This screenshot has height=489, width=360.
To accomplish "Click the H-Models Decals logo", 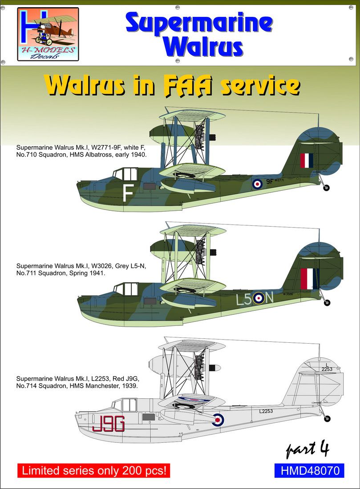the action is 48,34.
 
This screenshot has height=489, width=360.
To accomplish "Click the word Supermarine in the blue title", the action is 199,24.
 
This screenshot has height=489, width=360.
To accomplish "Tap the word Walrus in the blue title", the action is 203,47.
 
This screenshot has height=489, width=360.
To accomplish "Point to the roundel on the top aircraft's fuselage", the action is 257,184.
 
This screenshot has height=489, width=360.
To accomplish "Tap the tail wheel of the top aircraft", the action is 326,188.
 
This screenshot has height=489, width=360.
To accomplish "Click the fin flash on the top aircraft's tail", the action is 307,160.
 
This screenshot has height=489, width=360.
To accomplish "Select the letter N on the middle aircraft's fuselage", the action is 269,298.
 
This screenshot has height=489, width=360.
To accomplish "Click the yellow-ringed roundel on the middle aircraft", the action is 259,298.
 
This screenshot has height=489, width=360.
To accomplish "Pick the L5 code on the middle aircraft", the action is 244,299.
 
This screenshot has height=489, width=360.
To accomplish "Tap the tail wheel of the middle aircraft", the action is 327,302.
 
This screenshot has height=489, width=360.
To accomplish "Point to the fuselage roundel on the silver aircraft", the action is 218,420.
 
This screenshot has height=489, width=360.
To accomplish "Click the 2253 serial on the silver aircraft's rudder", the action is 327,369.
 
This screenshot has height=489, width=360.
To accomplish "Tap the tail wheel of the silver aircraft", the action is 327,418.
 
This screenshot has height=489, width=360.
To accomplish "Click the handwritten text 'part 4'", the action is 307,449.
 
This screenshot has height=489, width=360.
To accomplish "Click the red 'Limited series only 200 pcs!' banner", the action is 94,470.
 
